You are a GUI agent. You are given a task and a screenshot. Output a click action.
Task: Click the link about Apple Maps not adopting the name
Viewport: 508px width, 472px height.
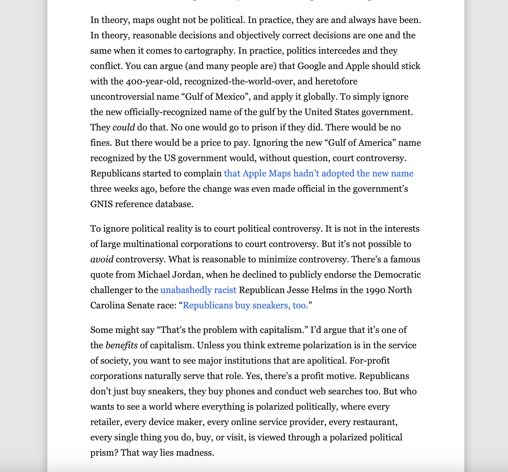click(x=318, y=174)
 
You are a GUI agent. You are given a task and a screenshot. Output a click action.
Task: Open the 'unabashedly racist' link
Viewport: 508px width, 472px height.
click(x=198, y=290)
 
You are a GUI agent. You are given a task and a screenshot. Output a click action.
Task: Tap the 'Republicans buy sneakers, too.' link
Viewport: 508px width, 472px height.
click(x=245, y=306)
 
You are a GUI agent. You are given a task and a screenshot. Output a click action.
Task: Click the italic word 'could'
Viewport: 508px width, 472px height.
click(x=123, y=128)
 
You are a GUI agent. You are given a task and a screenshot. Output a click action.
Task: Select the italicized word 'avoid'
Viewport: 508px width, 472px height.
click(x=102, y=260)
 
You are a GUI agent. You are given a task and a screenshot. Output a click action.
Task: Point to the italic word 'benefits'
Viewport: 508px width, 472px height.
click(x=121, y=346)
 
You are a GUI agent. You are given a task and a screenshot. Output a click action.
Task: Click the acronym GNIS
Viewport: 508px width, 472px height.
click(x=101, y=204)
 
